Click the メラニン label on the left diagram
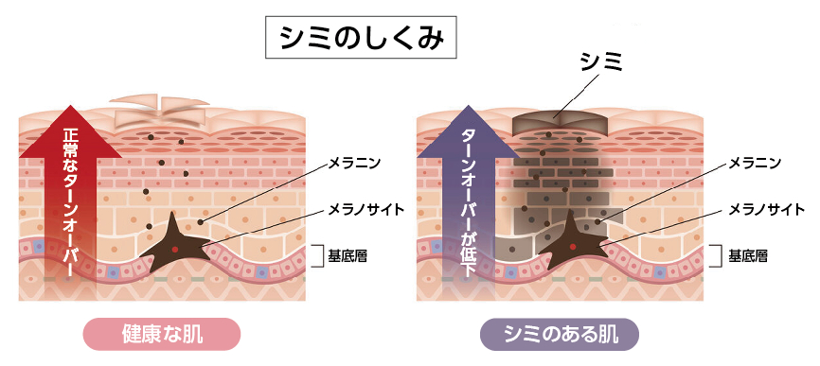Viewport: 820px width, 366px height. [353, 163]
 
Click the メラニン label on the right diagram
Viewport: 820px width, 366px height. [755, 163]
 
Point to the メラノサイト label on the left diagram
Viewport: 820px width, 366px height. [366, 208]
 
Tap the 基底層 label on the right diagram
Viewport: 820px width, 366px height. [747, 255]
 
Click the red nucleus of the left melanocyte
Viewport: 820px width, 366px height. [176, 249]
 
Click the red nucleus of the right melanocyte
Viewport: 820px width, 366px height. [574, 249]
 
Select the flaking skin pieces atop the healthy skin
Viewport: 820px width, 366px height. [161, 109]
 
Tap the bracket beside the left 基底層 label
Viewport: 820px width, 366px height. [317, 255]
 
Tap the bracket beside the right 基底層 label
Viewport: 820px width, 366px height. [717, 255]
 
